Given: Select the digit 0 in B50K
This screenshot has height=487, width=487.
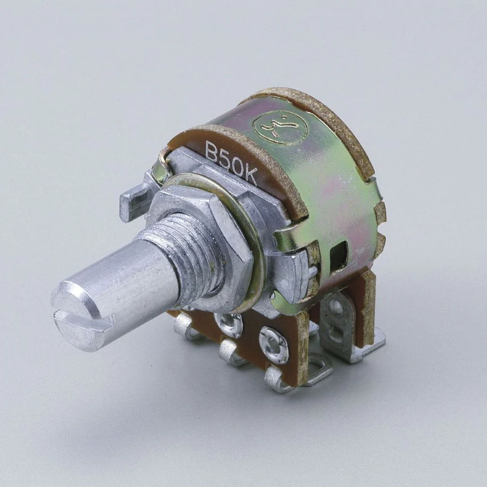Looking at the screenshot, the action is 237,166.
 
